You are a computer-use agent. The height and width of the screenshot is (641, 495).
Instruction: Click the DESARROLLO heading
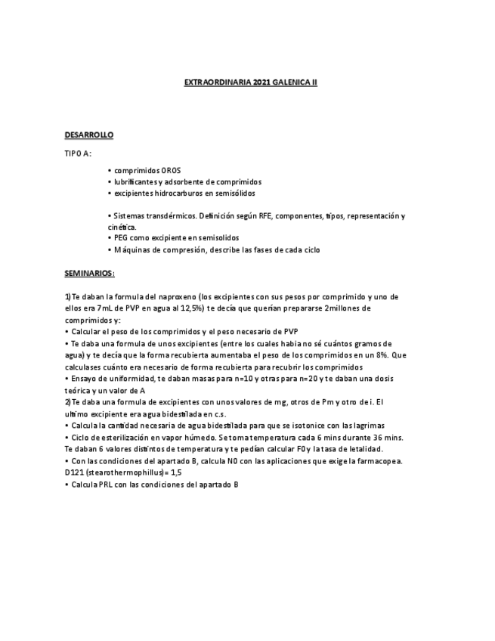[x=88, y=135]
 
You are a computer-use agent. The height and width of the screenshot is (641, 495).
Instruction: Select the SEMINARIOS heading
[x=89, y=272]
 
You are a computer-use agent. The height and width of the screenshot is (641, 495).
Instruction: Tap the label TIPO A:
[x=78, y=153]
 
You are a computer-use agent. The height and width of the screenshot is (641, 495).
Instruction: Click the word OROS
[x=171, y=170]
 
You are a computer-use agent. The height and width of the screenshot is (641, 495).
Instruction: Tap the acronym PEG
[x=122, y=238]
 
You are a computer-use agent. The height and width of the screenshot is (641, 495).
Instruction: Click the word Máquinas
[x=131, y=250]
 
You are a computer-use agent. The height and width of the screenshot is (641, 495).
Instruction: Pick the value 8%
[x=383, y=355]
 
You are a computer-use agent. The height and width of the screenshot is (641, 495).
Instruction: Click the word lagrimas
[x=369, y=425]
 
